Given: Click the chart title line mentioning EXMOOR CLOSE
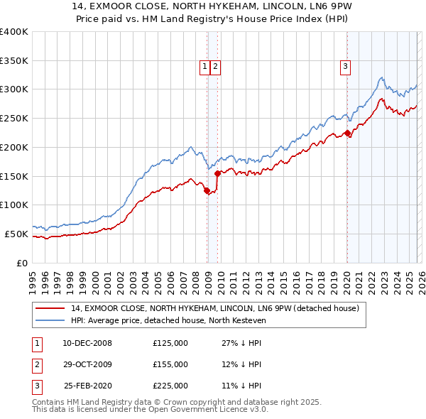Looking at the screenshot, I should coord(213,9).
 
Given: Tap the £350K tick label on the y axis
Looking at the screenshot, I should coord(14,60).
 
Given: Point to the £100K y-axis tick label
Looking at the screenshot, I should coord(14,205).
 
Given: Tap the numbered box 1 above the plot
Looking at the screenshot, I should coord(204,67).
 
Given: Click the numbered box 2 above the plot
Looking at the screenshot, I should coord(214,67).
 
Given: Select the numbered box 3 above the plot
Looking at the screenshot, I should coord(345,67).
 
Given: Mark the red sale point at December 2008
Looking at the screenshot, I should coord(207,191).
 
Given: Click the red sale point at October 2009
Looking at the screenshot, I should coord(217,173).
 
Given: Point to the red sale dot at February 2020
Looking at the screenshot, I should coord(346,133).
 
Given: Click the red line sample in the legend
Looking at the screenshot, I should coord(50,309).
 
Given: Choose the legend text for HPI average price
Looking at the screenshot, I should coord(168,321).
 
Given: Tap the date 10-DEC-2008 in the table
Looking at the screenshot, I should coord(87,343).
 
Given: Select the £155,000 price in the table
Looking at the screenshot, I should coord(170,364).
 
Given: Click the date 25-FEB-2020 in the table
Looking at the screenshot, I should coord(87,386).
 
